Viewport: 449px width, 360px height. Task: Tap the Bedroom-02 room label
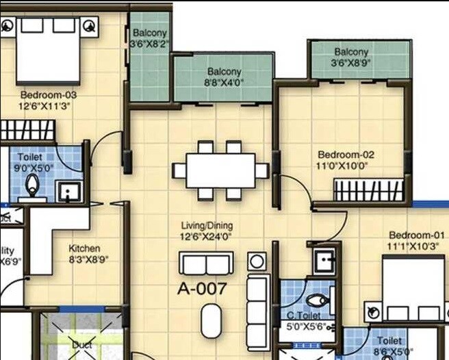click(x=346, y=155)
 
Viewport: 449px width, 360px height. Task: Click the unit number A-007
click(x=202, y=289)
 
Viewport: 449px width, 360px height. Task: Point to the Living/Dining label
click(x=207, y=225)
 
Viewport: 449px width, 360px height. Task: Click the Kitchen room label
click(x=84, y=248)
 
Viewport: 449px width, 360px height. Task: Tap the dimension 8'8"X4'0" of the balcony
click(x=224, y=83)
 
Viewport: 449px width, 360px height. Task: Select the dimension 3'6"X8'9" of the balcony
click(x=351, y=63)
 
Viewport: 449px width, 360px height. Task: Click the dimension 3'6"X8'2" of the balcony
click(x=149, y=44)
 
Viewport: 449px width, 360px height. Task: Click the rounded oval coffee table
click(x=211, y=320)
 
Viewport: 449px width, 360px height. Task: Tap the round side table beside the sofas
click(x=257, y=261)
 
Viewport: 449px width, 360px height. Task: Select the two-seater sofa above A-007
click(x=206, y=263)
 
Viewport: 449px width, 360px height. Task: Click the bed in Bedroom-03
click(x=48, y=50)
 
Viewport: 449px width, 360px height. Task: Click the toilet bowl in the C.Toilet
click(x=316, y=300)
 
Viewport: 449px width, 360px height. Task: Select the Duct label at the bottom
click(x=82, y=345)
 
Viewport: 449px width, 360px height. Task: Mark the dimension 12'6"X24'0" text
click(x=207, y=236)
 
